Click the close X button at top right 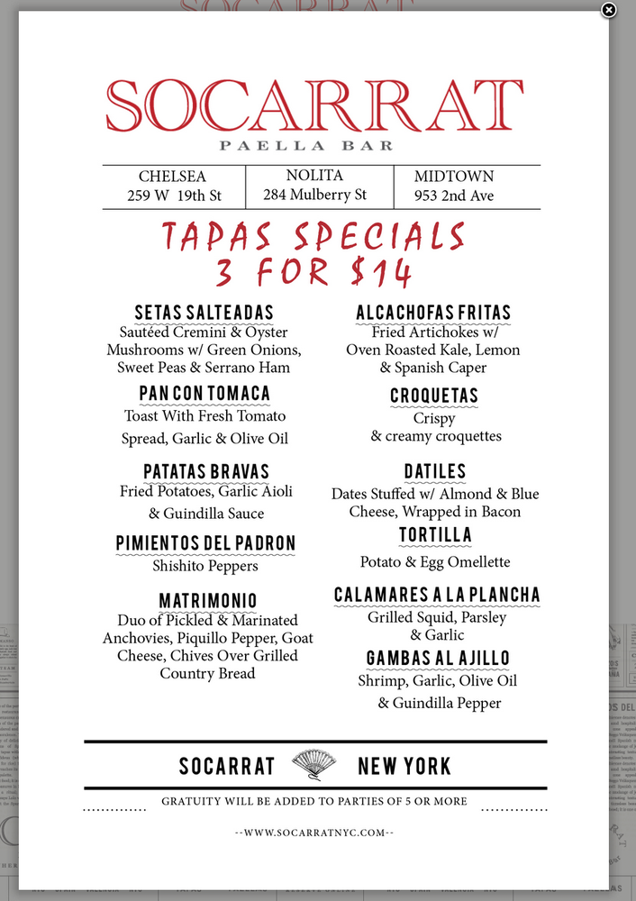click(609, 10)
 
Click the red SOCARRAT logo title click(314, 106)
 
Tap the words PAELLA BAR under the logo click(307, 145)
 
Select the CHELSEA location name click(172, 177)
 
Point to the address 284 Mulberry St click(314, 195)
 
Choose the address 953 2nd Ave click(454, 196)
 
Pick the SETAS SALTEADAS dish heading click(204, 313)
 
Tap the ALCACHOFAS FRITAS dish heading click(433, 313)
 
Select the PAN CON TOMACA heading click(204, 394)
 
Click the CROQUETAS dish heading click(434, 396)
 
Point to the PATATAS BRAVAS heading click(206, 472)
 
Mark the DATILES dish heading click(435, 472)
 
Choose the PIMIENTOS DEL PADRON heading click(205, 543)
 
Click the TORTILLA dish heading click(435, 536)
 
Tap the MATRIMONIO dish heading click(208, 601)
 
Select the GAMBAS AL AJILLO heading click(438, 659)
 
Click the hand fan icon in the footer click(314, 766)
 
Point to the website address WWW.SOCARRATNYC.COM click(314, 833)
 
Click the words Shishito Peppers click(205, 566)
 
